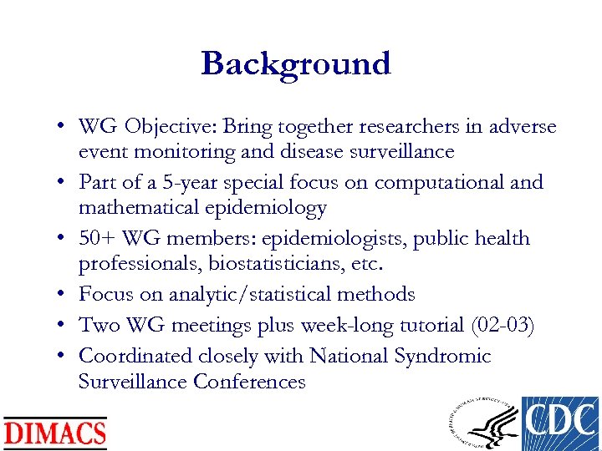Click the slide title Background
tap(295, 63)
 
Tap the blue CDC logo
tap(559, 423)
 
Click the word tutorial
tap(426, 325)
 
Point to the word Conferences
tap(249, 382)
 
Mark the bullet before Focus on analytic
tap(63, 295)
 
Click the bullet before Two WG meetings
tap(63, 326)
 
